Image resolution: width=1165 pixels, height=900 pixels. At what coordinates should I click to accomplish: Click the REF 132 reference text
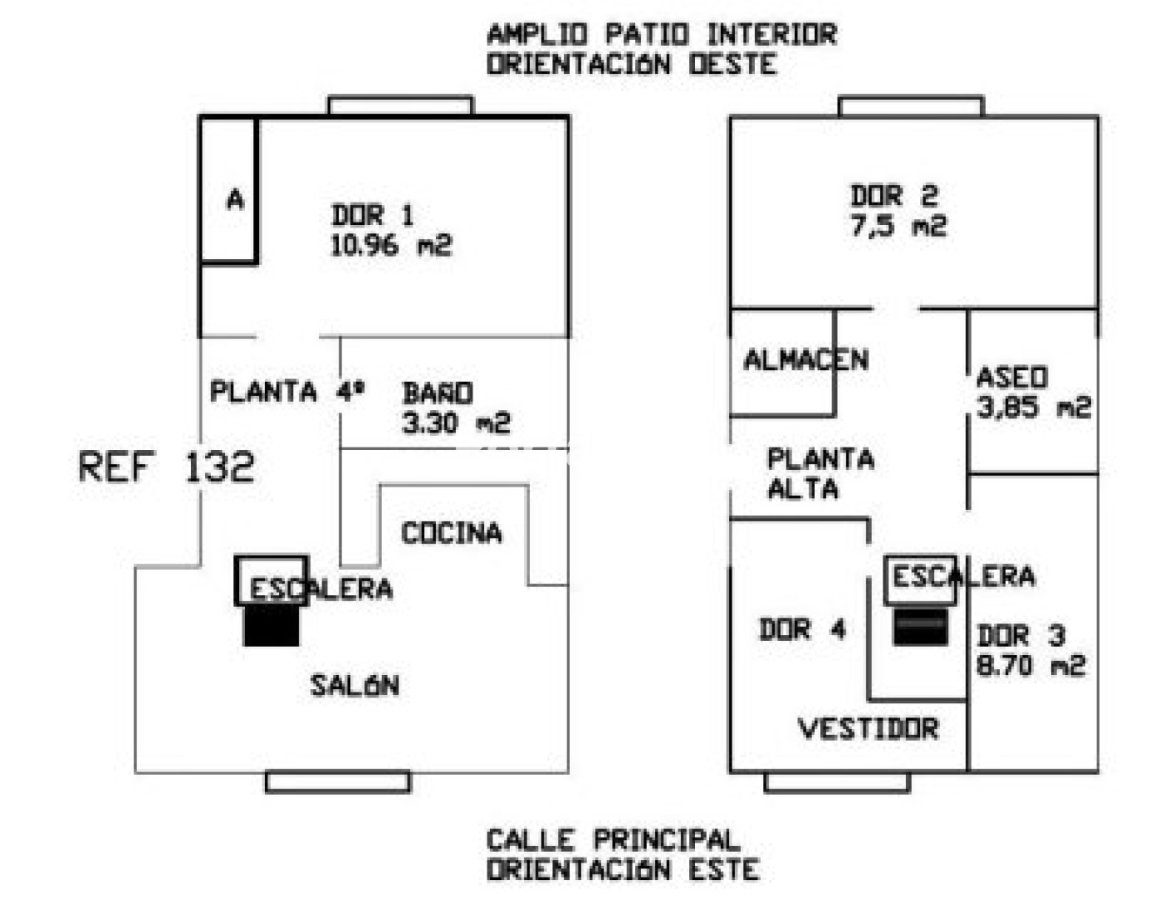(167, 467)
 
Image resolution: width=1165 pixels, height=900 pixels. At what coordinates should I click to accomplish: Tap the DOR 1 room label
(372, 216)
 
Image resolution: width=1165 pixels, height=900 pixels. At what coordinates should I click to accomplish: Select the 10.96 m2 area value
(391, 245)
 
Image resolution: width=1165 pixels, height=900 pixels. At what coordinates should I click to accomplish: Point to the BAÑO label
(437, 392)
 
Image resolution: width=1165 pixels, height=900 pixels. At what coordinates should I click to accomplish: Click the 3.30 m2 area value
(456, 422)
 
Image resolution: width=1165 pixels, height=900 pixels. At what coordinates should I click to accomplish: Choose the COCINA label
(452, 532)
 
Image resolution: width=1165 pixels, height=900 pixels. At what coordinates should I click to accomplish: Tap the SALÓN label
(355, 685)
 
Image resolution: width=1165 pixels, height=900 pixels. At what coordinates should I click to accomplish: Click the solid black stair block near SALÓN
(272, 625)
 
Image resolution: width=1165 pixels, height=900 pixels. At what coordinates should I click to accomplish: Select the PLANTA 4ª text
(287, 391)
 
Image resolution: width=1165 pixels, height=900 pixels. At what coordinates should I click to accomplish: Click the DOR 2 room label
(893, 196)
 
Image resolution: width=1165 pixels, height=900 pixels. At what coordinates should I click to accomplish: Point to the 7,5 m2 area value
(898, 226)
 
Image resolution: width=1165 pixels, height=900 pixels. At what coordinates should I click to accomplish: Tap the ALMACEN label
(806, 360)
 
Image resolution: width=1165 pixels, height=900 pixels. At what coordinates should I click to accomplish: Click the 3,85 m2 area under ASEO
(1033, 407)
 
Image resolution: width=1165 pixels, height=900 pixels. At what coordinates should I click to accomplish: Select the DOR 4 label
(802, 629)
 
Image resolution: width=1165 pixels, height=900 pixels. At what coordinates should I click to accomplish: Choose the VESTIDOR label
(868, 728)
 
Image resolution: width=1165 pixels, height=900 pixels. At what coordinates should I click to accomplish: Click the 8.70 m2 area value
(1031, 666)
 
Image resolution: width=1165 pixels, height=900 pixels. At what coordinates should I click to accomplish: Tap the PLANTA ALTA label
(820, 472)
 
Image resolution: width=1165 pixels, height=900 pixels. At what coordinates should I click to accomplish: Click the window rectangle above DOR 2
(911, 107)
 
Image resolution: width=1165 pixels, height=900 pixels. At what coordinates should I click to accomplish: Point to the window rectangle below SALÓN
(337, 782)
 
